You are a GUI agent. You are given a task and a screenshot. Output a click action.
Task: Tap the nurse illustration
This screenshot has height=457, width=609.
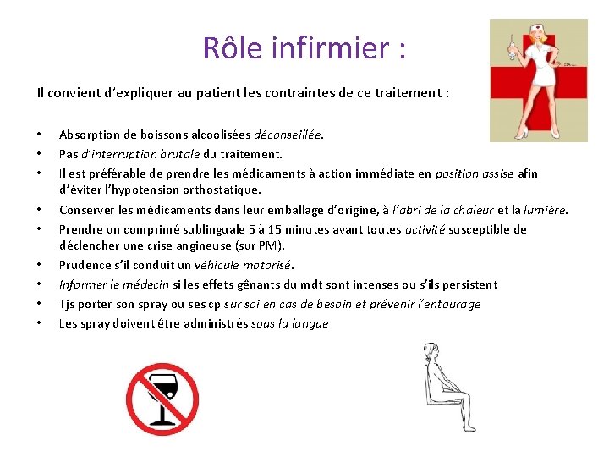point(539,80)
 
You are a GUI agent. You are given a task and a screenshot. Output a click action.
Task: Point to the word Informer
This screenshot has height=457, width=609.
point(83,285)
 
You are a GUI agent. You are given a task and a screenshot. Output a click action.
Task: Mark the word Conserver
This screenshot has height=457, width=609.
point(87,210)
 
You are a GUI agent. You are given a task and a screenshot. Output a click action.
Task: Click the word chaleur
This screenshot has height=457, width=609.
point(471,210)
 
